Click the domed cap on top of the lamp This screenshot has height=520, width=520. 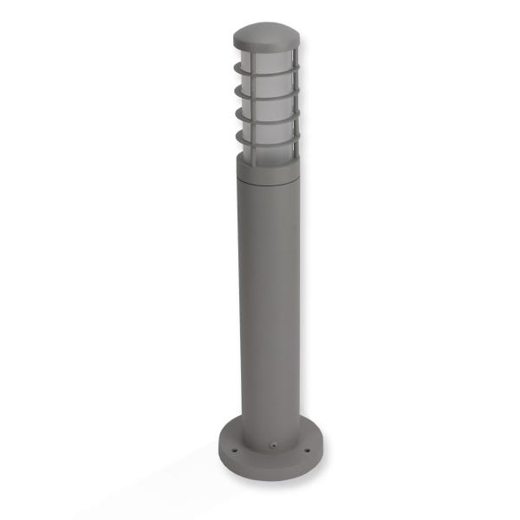[x=266, y=36]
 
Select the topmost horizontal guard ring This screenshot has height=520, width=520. [x=266, y=68]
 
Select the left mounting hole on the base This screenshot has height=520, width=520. [x=234, y=448]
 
